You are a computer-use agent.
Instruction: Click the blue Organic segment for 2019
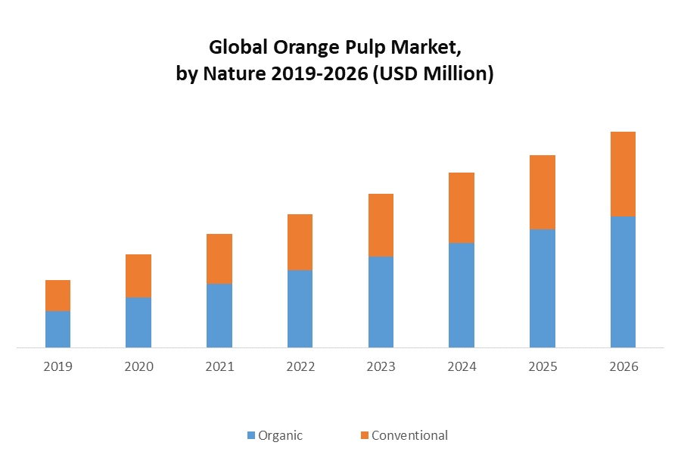point(58,329)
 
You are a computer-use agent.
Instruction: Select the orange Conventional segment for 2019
point(58,295)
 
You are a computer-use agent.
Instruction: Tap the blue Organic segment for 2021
point(219,316)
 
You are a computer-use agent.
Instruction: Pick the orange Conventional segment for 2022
point(300,242)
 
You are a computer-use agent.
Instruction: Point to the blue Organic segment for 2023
point(381,302)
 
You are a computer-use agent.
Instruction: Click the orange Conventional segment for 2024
point(462,207)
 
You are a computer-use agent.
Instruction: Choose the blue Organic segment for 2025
point(543,288)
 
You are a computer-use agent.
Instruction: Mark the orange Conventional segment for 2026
point(623,174)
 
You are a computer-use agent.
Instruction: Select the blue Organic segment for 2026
point(623,282)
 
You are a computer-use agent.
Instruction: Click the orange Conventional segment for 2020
point(138,276)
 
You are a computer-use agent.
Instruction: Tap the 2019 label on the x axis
point(58,367)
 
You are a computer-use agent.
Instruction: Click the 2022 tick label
point(300,367)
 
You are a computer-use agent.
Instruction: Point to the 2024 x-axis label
point(462,367)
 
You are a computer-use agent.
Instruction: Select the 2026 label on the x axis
point(623,367)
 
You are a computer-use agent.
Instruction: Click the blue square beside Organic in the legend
point(251,435)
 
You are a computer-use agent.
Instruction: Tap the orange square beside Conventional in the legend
point(365,435)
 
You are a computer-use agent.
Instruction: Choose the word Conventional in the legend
point(409,435)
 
